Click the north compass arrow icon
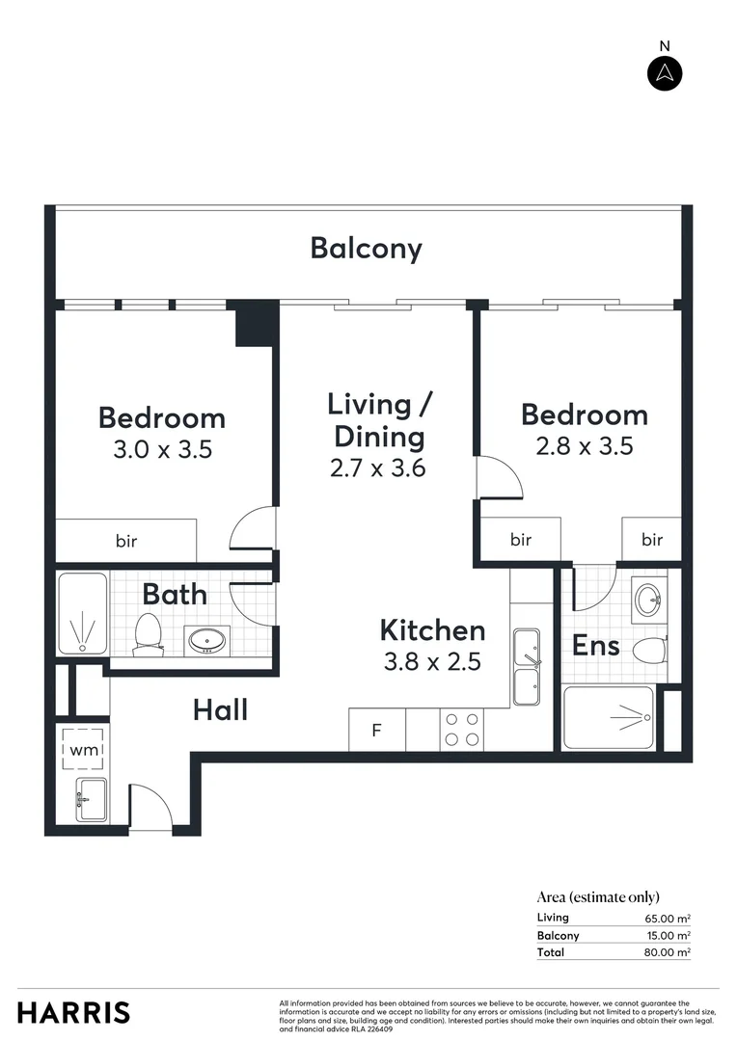tap(664, 73)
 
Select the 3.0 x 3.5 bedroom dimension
tap(162, 449)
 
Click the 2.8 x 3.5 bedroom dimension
tap(585, 446)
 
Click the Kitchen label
tap(432, 631)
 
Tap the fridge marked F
tap(377, 731)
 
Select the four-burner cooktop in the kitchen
tap(461, 730)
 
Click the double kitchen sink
tap(527, 668)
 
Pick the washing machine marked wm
tap(82, 749)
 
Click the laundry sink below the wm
tap(92, 798)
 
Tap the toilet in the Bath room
tap(148, 633)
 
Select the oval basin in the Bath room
tap(204, 639)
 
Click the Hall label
tap(220, 710)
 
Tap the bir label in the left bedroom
tap(126, 541)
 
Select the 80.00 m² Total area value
tap(669, 952)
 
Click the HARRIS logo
tap(73, 1013)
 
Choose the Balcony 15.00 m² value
tap(669, 935)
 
